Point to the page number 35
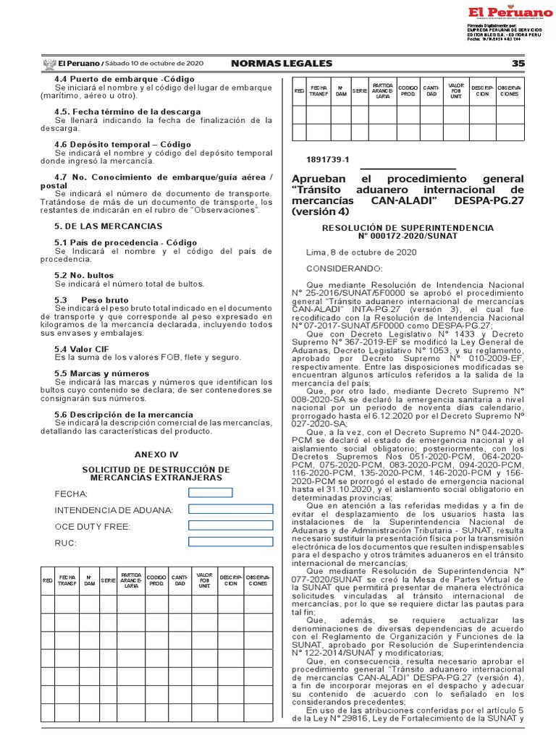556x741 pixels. (x=518, y=64)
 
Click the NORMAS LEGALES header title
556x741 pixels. (x=282, y=64)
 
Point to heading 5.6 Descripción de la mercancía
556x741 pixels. (x=124, y=414)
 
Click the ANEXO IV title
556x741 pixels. (x=156, y=454)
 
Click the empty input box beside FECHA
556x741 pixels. (x=210, y=493)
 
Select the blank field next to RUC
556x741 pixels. (x=230, y=542)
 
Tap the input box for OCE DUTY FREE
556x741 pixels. (x=230, y=525)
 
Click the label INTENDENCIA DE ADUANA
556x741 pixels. (x=114, y=510)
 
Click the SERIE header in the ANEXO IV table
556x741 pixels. (x=108, y=580)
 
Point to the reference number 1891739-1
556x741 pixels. (x=328, y=158)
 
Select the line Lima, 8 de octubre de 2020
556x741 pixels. (x=361, y=252)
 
